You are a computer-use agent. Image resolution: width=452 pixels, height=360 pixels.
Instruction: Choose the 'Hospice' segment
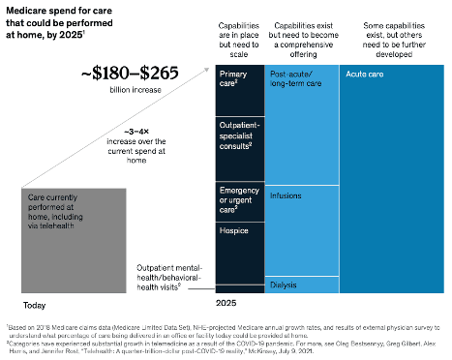point(233,232)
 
